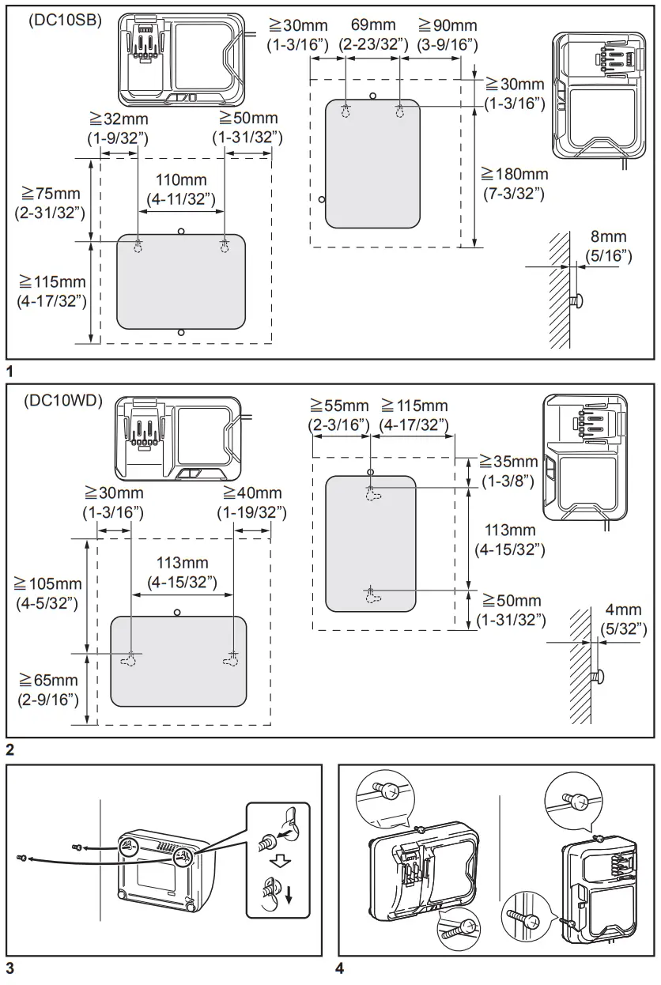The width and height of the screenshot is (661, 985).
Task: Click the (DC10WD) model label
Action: [63, 401]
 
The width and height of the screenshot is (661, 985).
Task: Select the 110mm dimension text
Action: [181, 180]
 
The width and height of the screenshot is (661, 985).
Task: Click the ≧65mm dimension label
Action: [49, 680]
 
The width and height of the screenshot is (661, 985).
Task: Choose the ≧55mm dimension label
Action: [339, 406]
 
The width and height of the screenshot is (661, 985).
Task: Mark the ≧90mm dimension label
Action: [448, 26]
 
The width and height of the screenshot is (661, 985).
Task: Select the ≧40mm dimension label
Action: [251, 493]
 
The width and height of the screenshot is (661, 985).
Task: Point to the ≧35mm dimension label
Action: [511, 462]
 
